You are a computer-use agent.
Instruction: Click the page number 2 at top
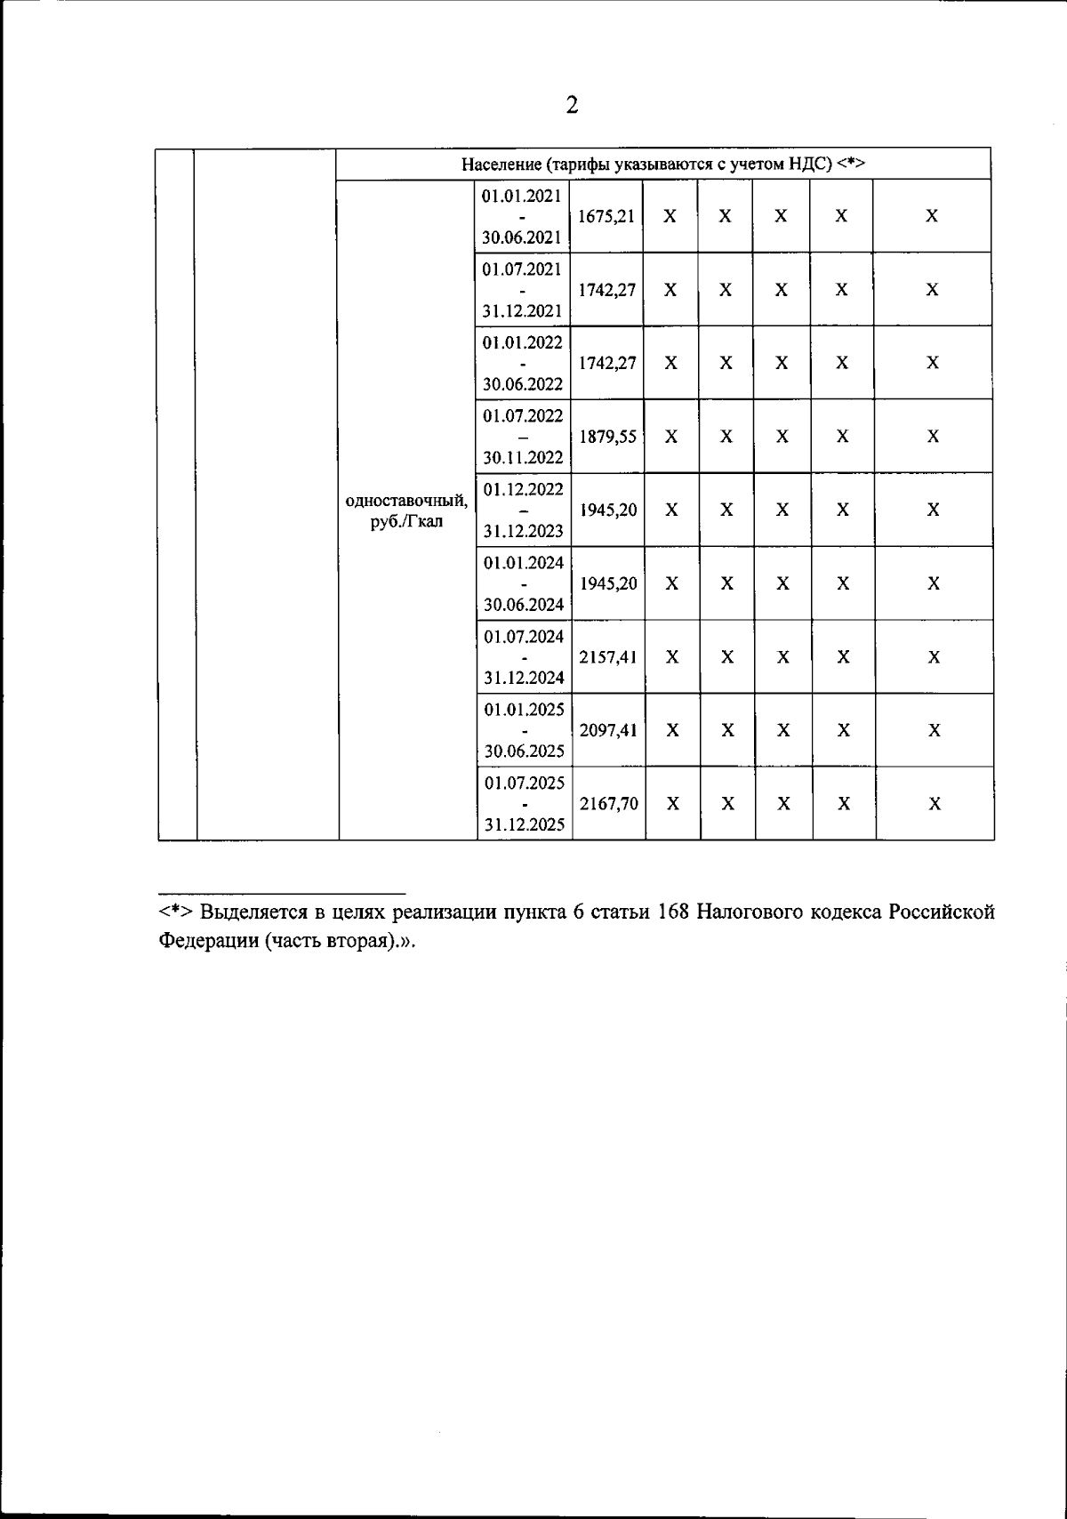click(x=572, y=106)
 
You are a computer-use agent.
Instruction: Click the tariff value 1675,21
click(x=606, y=216)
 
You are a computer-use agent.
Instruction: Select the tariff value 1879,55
click(x=607, y=437)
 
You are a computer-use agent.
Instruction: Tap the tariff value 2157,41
click(x=608, y=657)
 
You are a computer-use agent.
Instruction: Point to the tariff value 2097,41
click(x=608, y=731)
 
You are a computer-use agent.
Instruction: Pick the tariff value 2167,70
click(x=608, y=804)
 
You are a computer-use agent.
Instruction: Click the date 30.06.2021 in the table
click(x=521, y=237)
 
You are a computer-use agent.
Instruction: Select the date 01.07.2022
click(x=523, y=415)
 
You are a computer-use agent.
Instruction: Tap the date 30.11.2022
click(x=523, y=458)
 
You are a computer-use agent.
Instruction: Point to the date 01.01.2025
click(x=524, y=710)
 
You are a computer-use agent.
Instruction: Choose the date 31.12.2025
click(x=524, y=825)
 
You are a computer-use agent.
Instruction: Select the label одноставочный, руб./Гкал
click(x=406, y=510)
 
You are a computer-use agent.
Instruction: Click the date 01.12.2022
click(x=523, y=489)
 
